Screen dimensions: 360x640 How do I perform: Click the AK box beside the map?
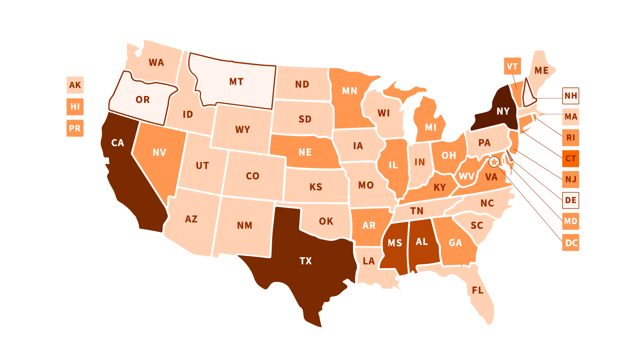coord(75,85)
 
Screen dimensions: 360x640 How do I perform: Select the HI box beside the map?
coord(75,107)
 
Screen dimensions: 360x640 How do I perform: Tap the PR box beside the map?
coord(75,128)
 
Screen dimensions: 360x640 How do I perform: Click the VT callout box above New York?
coord(512,66)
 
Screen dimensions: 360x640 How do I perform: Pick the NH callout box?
coord(571,96)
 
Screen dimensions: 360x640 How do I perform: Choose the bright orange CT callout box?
coord(571,158)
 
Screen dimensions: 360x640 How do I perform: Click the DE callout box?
coord(571,200)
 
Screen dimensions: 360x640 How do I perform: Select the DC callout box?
coord(571,243)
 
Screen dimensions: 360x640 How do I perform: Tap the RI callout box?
coord(571,138)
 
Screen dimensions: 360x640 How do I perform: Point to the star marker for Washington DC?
coord(494,162)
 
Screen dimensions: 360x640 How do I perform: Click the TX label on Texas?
coord(306,261)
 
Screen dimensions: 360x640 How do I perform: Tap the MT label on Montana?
coord(236,82)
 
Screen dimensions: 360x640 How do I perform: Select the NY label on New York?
coord(503,111)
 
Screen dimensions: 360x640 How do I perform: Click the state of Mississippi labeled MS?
coord(395,243)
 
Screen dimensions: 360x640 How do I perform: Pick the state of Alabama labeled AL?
coord(422,242)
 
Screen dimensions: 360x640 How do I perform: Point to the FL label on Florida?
coord(478,290)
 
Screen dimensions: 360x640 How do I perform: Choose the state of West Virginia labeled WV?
coord(466,176)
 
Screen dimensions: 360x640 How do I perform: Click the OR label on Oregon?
coord(143,100)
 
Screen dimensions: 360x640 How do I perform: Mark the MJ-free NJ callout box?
coord(571,179)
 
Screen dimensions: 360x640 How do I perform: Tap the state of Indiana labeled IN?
coord(420,162)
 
